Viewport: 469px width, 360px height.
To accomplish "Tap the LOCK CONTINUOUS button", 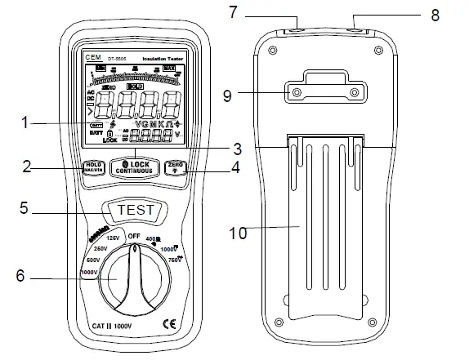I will click(x=134, y=166).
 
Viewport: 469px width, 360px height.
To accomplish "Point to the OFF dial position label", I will click(x=134, y=235).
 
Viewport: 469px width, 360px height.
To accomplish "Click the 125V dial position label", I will click(x=113, y=238).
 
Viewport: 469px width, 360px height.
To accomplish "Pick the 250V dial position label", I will click(x=100, y=248).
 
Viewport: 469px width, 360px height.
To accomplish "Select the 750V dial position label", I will click(x=175, y=260).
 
